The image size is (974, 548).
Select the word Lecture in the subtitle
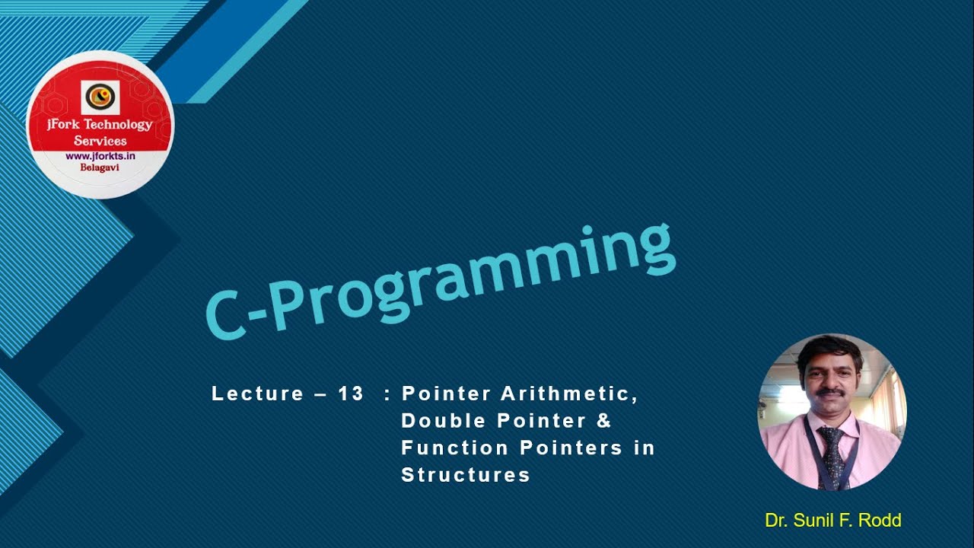[x=257, y=393]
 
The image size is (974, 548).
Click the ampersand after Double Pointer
[x=605, y=421]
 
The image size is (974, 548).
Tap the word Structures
[x=465, y=475]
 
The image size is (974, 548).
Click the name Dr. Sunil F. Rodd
[x=832, y=521]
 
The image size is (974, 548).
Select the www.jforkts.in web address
[x=100, y=156]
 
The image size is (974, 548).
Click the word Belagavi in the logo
[x=100, y=168]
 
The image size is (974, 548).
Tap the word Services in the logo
[x=100, y=141]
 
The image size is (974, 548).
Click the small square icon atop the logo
[x=100, y=97]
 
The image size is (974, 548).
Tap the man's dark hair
[x=829, y=352]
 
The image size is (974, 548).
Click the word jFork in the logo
[x=64, y=125]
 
